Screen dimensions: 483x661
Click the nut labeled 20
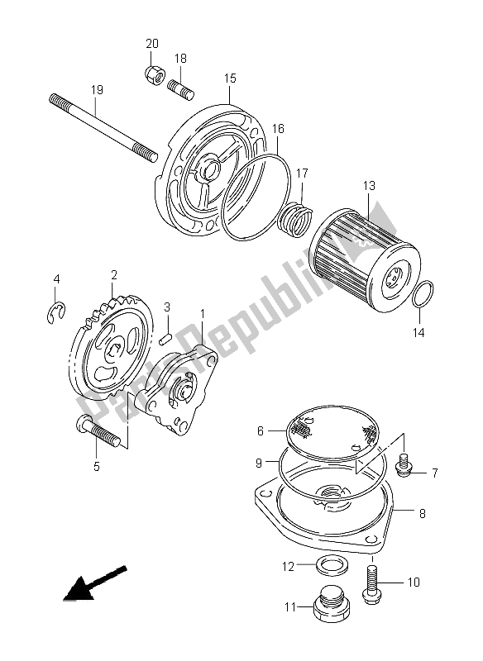pos(152,74)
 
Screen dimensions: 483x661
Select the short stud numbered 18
pos(181,89)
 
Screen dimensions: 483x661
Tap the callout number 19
pos(96,90)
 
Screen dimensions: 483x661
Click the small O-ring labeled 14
pos(423,294)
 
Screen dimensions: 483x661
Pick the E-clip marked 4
pos(56,313)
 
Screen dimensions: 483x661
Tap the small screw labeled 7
pos(404,465)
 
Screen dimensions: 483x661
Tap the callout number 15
pos(230,78)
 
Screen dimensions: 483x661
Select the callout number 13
pos(369,185)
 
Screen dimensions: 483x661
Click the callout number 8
pos(423,513)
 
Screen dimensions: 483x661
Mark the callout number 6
pos(260,430)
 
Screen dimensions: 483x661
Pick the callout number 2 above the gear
pos(114,275)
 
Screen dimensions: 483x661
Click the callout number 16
pos(278,129)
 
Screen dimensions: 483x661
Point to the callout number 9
pos(259,463)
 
